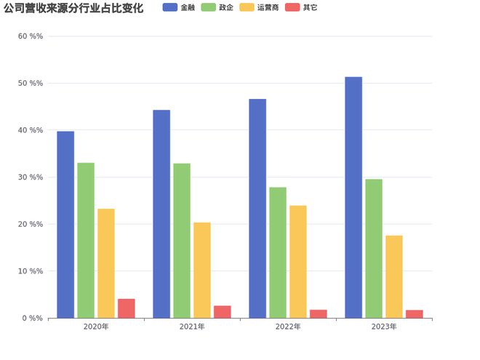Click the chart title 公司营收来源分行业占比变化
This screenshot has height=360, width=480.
click(73, 8)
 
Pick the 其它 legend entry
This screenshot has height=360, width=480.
click(302, 7)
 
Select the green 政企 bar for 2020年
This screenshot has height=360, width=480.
click(86, 240)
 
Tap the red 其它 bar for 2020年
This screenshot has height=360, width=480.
click(127, 308)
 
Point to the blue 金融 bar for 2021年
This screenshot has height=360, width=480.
click(161, 214)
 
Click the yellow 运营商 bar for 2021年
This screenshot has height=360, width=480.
click(202, 270)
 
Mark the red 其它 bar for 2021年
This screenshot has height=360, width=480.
click(223, 312)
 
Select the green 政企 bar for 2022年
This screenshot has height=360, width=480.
click(278, 252)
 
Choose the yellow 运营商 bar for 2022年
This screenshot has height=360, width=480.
click(298, 262)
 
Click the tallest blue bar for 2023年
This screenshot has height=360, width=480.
click(353, 197)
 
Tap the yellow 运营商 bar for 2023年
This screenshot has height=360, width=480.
click(394, 276)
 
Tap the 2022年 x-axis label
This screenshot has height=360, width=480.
click(288, 327)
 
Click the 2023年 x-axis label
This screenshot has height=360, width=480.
click(384, 327)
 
